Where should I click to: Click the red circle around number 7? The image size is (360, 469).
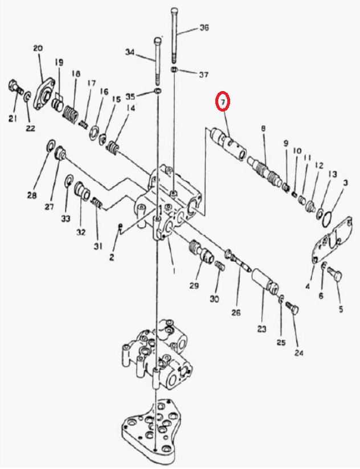coord(223,101)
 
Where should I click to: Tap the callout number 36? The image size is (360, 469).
coord(204,28)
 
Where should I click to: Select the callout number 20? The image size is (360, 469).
coord(38,48)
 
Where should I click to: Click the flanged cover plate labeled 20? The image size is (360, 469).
coord(44,94)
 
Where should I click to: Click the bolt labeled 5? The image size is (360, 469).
coord(335,274)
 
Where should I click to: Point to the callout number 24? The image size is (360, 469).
coord(298,353)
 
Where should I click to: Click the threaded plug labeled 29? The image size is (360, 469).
coord(201,251)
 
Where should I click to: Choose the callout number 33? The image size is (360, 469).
coord(66,219)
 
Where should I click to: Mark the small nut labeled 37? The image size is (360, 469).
coord(175,69)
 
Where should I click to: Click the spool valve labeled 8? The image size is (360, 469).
coord(264,172)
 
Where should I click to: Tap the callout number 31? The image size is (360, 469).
coord(98,246)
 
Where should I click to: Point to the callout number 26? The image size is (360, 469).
coord(236,312)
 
